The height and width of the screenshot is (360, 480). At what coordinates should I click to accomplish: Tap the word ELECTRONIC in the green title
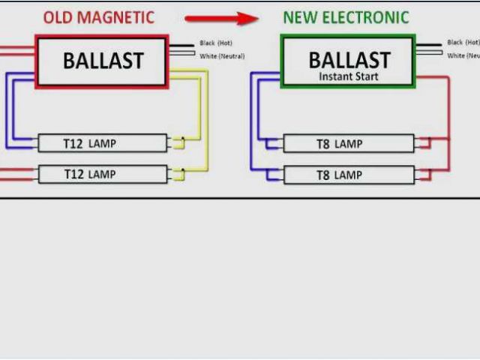click(x=366, y=17)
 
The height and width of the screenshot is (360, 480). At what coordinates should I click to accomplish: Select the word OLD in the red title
click(x=58, y=17)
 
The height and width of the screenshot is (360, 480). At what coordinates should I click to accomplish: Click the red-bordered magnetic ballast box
click(x=102, y=61)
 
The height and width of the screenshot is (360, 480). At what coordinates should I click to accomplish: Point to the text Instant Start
click(x=349, y=76)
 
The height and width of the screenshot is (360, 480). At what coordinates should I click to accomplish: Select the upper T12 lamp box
click(x=102, y=142)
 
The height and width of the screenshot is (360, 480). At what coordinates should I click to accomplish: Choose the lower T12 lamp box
click(x=102, y=174)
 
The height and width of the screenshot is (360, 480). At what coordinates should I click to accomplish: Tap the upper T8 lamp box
click(x=348, y=143)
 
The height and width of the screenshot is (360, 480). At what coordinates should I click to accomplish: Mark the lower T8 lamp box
click(x=348, y=175)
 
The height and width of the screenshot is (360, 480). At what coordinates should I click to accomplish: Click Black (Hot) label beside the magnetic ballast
click(x=217, y=43)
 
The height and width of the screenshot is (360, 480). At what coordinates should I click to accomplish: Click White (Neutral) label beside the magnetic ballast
click(x=222, y=56)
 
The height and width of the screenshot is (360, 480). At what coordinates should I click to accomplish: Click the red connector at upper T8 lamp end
click(x=424, y=143)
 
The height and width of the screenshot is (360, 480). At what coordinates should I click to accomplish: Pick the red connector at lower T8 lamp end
click(x=424, y=175)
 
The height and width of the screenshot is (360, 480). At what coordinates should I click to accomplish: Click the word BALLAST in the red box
click(x=102, y=60)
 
